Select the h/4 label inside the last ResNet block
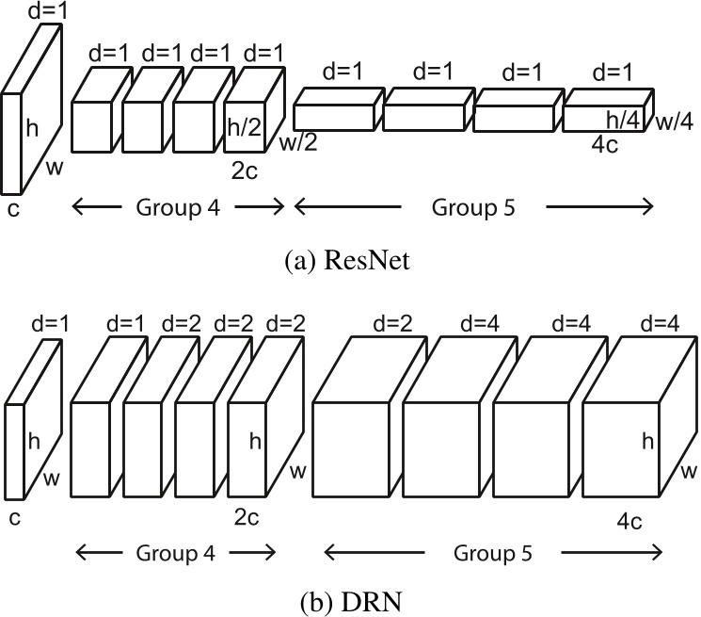(622, 120)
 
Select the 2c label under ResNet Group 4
(243, 172)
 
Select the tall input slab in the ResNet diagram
(12, 141)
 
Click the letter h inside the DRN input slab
(33, 441)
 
